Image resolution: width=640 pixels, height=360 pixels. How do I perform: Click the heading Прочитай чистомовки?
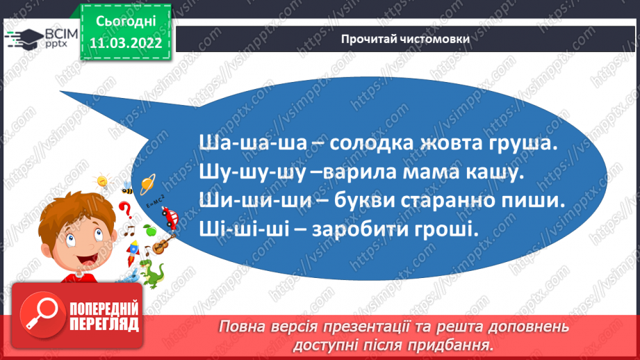click(405, 39)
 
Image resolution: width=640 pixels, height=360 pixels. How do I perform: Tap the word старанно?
click(443, 200)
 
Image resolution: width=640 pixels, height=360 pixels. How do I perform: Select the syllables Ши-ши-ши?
click(244, 200)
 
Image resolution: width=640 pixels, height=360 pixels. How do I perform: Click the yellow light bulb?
click(101, 182)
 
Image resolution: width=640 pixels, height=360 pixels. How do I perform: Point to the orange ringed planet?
click(148, 184)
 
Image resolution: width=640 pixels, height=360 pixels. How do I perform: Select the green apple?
click(147, 229)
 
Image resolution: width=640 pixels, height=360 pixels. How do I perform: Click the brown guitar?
click(161, 243)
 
